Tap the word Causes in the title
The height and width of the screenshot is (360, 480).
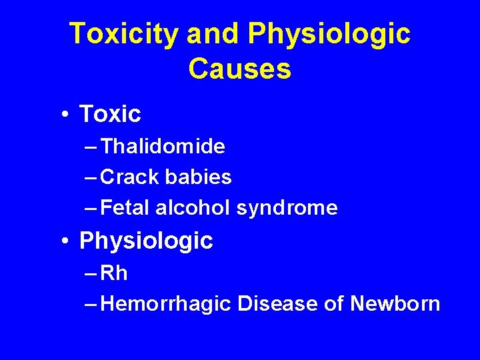click(x=239, y=69)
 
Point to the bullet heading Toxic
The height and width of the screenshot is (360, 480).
click(x=110, y=115)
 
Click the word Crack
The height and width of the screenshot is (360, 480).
click(x=130, y=177)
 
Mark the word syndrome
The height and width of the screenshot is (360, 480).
click(x=287, y=208)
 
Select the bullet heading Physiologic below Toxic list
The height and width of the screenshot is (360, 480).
click(x=146, y=241)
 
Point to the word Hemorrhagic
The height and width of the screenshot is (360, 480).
click(x=167, y=304)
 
